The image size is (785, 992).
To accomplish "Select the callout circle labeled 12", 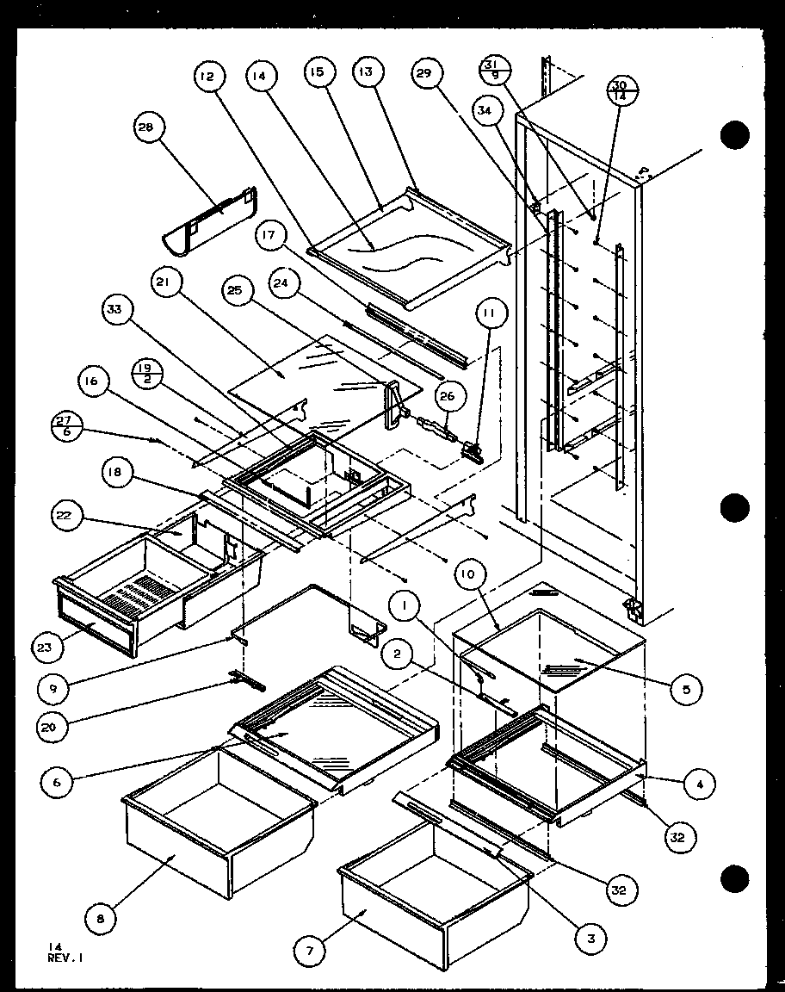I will point(206,77).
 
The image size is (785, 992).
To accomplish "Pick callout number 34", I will point(485,110).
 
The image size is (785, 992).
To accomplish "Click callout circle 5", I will point(686,689).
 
